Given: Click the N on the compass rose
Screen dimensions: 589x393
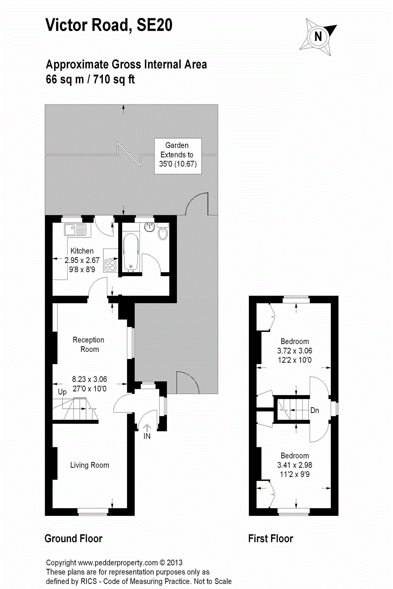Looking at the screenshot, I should [x=318, y=37].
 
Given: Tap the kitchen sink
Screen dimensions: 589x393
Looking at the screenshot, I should [x=75, y=230].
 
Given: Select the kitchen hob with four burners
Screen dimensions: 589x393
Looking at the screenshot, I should [x=110, y=265].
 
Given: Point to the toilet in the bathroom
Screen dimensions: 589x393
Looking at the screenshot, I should [x=163, y=233].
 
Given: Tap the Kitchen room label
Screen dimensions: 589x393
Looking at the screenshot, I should [x=82, y=251].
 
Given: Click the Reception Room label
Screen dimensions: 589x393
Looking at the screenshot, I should [x=89, y=344].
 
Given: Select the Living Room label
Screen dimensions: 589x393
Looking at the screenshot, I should [x=90, y=465].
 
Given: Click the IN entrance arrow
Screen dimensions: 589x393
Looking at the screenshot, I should [x=147, y=431].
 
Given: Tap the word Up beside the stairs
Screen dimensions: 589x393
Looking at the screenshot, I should [x=62, y=392].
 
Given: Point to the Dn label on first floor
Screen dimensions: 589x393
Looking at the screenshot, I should [x=314, y=410].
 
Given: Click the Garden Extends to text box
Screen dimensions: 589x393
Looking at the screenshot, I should [x=178, y=155].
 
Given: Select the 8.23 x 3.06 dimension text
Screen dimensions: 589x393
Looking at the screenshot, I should [x=89, y=379].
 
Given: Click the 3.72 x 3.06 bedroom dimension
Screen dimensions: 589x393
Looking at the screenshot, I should [x=294, y=351].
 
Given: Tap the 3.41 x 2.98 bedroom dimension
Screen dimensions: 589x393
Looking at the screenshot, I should [x=294, y=465].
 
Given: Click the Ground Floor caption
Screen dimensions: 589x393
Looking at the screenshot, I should [x=73, y=538].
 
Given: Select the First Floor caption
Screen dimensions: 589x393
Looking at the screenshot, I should [x=270, y=538].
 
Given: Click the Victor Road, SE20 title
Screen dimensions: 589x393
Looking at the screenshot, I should [x=109, y=25].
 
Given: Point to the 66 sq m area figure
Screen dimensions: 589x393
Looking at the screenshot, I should [x=65, y=79].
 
